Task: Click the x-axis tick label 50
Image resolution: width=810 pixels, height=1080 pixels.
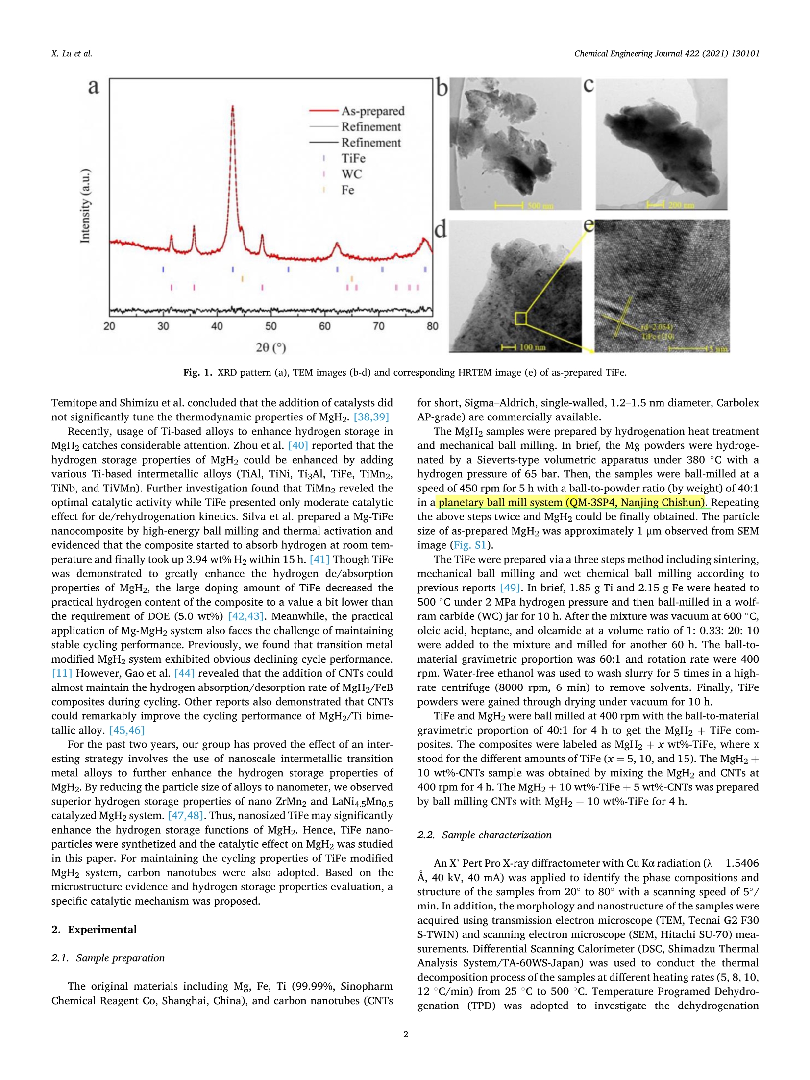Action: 270,326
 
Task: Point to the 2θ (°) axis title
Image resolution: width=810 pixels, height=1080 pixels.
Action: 270,347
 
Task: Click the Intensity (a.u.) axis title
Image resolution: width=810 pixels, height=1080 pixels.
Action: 85,206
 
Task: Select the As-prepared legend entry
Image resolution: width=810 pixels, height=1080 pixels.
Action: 372,111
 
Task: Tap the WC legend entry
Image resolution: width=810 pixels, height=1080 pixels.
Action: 351,174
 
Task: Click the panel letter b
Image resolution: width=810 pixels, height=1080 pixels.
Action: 442,88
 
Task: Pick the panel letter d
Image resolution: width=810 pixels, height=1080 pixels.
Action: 441,229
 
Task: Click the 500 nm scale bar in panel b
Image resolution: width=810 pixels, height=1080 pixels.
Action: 510,205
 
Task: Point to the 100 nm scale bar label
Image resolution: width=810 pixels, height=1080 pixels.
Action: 532,347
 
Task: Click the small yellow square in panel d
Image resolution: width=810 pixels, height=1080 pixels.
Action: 520,319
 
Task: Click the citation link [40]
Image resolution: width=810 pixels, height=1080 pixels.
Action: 298,445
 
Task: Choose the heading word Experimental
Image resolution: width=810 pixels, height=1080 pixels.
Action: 102,930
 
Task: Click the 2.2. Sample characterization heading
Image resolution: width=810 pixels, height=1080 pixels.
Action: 484,835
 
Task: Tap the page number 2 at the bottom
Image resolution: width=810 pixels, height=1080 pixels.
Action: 405,1034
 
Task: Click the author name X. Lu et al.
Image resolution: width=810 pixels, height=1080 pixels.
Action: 72,54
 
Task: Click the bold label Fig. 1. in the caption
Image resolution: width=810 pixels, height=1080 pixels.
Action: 197,372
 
